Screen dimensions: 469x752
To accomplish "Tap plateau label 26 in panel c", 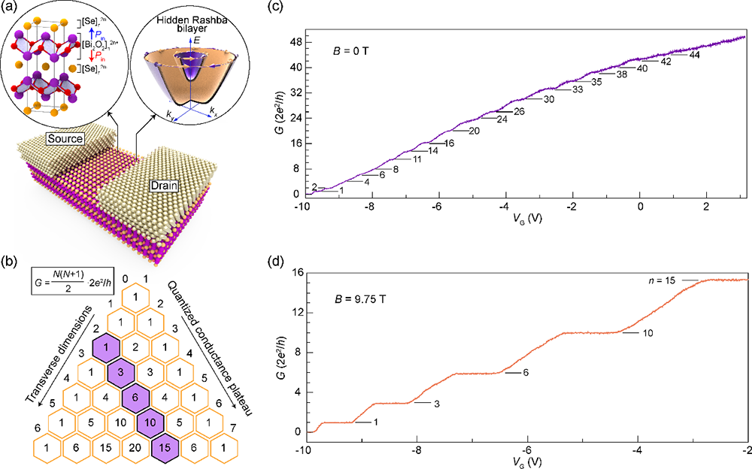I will (x=518, y=111).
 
